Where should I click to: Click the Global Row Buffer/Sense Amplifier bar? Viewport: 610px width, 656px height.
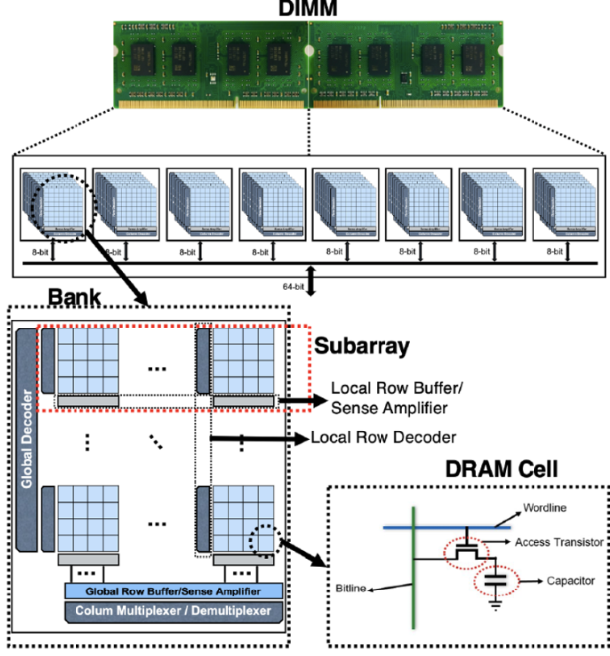(x=175, y=591)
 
